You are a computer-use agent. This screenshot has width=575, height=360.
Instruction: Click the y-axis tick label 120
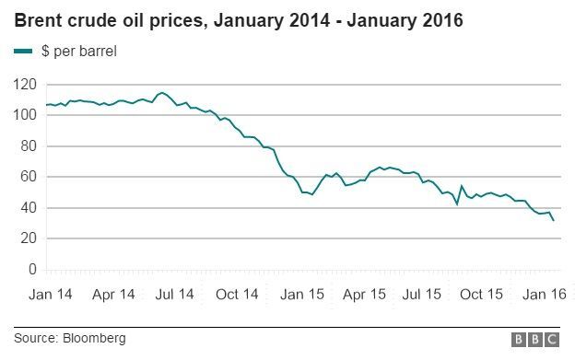point(24,84)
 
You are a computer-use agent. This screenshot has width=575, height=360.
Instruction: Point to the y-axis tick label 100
point(24,115)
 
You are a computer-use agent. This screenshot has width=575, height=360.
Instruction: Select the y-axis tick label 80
point(28,145)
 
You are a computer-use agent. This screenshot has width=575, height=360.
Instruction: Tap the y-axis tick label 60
point(28,177)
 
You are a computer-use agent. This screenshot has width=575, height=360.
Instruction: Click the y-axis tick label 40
point(28,208)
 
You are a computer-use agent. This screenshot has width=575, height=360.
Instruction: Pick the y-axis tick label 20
point(28,238)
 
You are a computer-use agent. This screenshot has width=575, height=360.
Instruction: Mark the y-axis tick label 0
point(31,270)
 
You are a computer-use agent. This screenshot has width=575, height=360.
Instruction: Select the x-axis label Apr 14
point(114,295)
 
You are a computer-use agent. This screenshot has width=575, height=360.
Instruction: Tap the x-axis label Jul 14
point(174,295)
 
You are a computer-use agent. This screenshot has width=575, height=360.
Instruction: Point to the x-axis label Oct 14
point(237,295)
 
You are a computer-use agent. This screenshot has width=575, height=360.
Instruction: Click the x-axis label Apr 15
point(364,295)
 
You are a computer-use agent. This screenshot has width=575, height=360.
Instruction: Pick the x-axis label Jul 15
point(424,295)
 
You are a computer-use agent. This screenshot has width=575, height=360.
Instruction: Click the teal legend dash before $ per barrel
point(23,52)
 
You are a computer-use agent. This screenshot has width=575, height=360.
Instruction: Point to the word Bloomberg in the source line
point(95,339)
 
